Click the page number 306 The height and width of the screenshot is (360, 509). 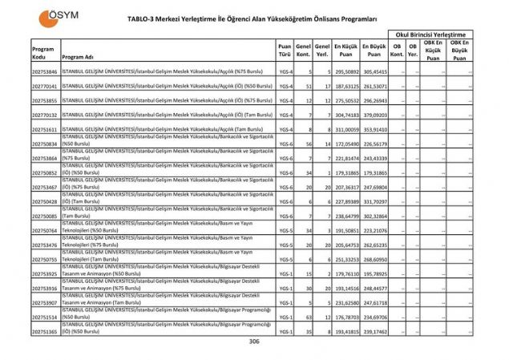(x=255, y=341)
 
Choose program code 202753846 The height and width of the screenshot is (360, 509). (x=44, y=71)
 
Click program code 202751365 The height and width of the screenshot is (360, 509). (x=44, y=330)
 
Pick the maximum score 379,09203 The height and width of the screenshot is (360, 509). (x=374, y=115)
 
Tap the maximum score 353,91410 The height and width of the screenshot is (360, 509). (x=374, y=129)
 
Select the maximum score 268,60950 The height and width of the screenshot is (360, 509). (x=374, y=259)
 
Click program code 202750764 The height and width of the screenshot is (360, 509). (x=44, y=230)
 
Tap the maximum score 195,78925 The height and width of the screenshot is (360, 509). (x=374, y=273)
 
